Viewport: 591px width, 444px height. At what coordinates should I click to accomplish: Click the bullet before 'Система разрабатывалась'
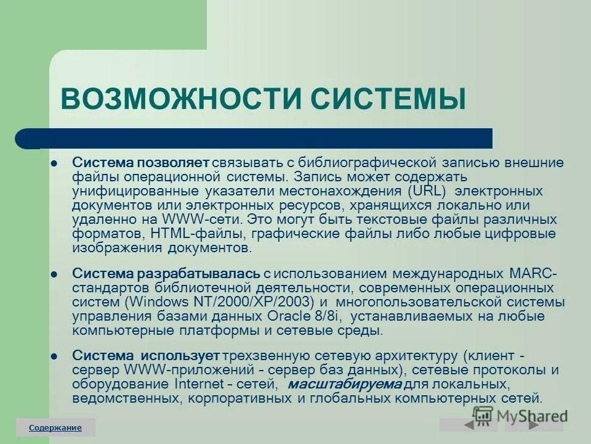click(x=54, y=273)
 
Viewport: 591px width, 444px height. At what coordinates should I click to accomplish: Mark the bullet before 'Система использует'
click(x=54, y=356)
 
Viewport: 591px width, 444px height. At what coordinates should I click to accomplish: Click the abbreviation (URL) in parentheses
click(x=429, y=191)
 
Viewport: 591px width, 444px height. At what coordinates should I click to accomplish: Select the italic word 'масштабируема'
click(x=344, y=385)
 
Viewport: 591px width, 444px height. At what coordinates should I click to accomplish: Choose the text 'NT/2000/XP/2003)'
click(x=262, y=302)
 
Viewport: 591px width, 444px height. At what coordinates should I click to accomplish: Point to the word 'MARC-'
click(x=534, y=273)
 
